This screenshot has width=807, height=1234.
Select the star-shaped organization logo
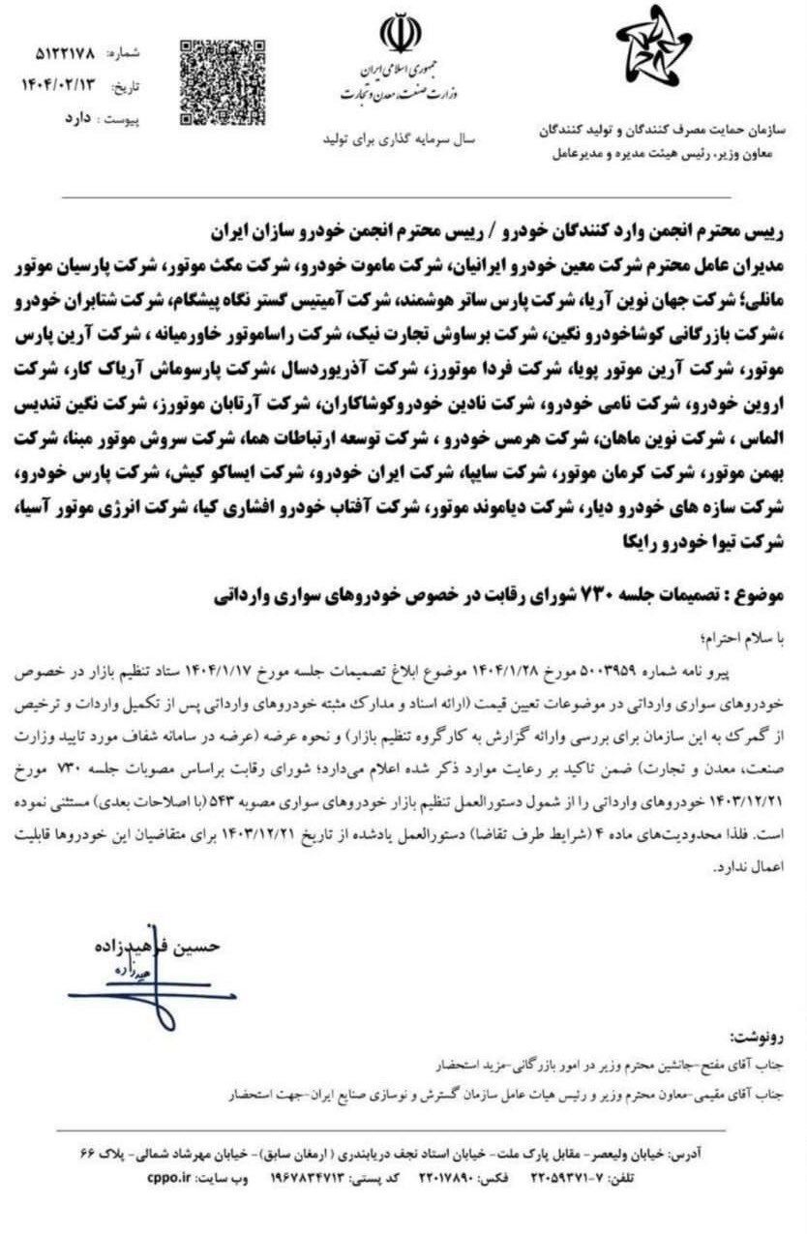point(654,47)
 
